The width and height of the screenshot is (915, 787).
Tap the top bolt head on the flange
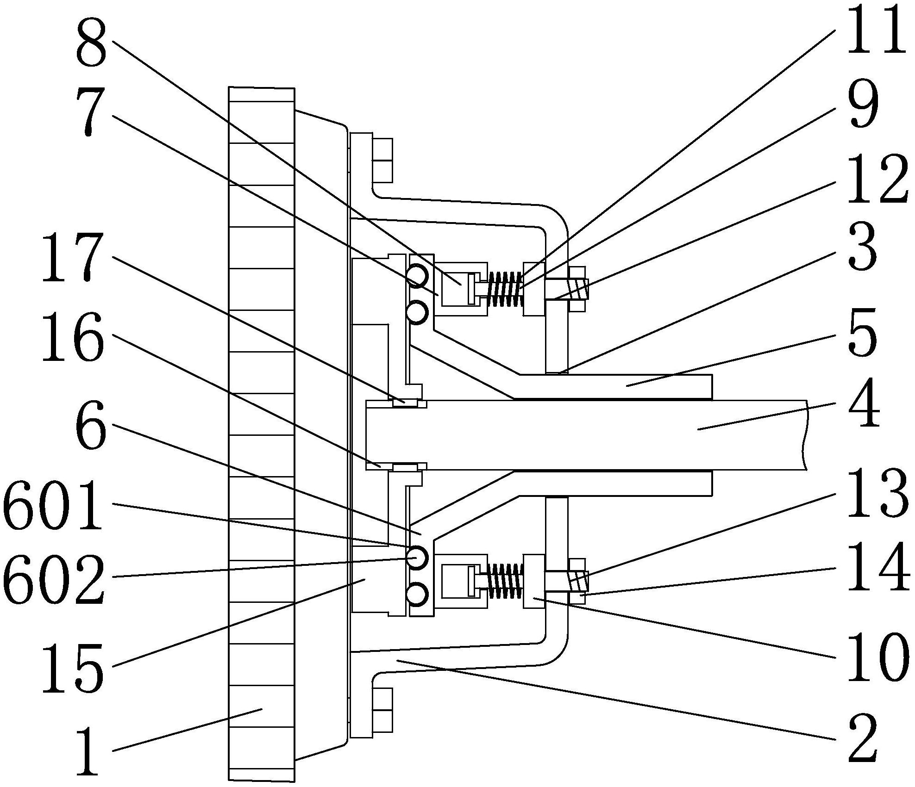382,160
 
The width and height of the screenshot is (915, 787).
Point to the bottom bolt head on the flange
382,710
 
